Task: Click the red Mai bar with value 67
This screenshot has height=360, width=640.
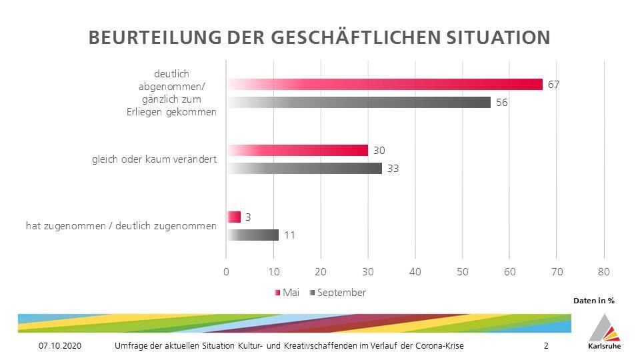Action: (385, 84)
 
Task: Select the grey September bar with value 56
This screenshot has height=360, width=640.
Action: (359, 102)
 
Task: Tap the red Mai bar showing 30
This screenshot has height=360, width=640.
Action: (297, 150)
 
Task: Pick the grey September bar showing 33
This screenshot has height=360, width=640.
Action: (304, 168)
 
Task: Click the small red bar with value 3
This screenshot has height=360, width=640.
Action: (233, 217)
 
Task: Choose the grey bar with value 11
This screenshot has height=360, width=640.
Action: (253, 235)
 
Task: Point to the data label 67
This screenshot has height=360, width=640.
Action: (553, 84)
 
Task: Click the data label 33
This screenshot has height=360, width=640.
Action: (393, 169)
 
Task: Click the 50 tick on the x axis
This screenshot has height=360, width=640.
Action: (462, 271)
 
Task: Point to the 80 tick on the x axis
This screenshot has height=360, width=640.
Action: (604, 271)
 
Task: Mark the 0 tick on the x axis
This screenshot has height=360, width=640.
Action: (227, 271)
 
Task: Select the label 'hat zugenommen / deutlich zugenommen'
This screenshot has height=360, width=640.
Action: (121, 226)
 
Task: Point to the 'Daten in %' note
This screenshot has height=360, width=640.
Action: (594, 301)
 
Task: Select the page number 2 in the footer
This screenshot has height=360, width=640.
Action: (546, 346)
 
